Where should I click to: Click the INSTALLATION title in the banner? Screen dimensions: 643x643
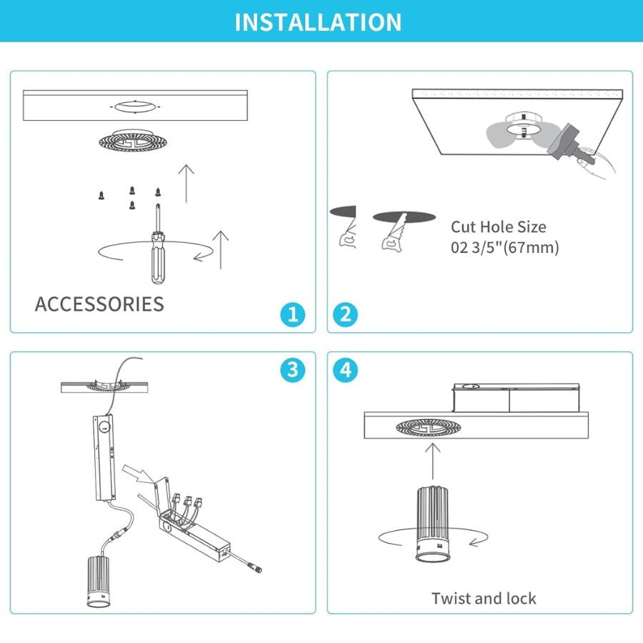pyautogui.click(x=318, y=22)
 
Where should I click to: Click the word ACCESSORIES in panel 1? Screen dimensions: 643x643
pyautogui.click(x=99, y=304)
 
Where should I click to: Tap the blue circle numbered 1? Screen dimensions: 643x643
pyautogui.click(x=293, y=314)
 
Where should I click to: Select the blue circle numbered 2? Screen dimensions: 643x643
pyautogui.click(x=345, y=314)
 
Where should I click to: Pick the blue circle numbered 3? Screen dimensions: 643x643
pyautogui.click(x=293, y=370)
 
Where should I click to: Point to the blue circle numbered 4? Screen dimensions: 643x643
pyautogui.click(x=345, y=370)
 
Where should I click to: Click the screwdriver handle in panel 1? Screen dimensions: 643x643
pyautogui.click(x=158, y=259)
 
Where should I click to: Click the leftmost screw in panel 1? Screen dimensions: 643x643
pyautogui.click(x=101, y=196)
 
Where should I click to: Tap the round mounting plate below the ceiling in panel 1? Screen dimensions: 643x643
pyautogui.click(x=134, y=141)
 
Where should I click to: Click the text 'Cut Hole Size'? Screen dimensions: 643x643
pyautogui.click(x=498, y=226)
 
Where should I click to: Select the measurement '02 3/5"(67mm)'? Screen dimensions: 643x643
pyautogui.click(x=505, y=247)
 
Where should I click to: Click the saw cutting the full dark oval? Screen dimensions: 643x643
pyautogui.click(x=394, y=232)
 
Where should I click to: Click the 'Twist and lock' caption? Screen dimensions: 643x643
pyautogui.click(x=484, y=598)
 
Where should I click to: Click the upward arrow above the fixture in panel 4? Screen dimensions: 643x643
pyautogui.click(x=433, y=461)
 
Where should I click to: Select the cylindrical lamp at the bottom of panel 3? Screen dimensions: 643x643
pyautogui.click(x=98, y=582)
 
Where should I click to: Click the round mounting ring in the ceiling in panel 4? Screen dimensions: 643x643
pyautogui.click(x=428, y=428)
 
